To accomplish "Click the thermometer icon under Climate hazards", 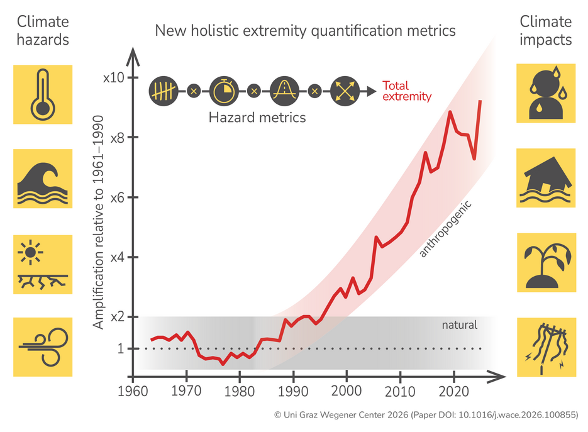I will tap(43, 94).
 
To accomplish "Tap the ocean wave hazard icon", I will tap(43, 178).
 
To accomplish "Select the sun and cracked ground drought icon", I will tap(43, 264).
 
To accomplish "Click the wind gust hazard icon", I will tap(43, 348).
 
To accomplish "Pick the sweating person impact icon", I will tap(545, 92).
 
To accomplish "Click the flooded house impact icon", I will tap(545, 178).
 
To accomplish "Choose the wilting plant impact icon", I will tap(545, 263).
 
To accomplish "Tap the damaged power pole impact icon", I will tap(545, 348).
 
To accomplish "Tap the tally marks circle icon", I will tap(164, 91).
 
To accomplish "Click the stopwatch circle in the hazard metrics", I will tap(224, 91).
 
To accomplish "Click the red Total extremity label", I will tap(406, 91).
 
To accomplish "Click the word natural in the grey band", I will tap(459, 325).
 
